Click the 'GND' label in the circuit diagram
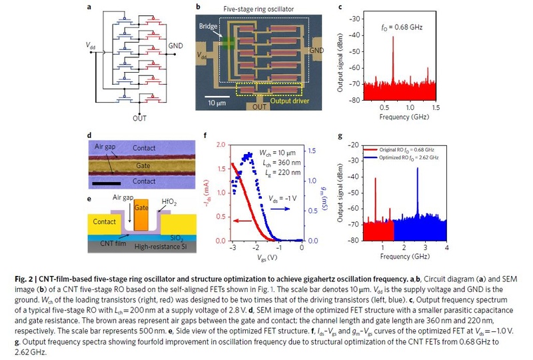pos(175,46)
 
